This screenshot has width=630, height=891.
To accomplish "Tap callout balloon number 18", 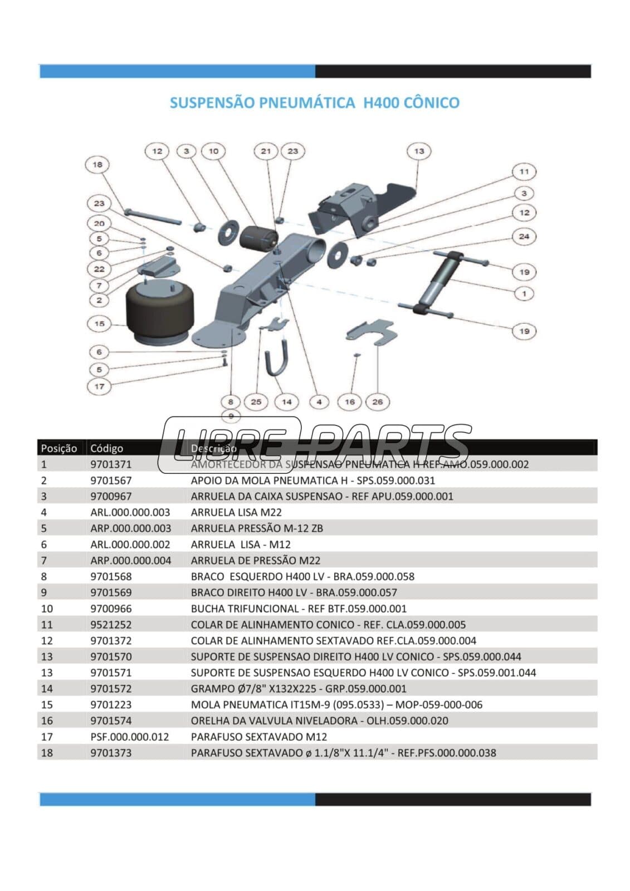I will point(97,164).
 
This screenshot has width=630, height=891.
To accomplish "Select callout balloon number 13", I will point(419,151).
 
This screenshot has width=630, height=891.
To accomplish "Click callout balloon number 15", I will point(99,324).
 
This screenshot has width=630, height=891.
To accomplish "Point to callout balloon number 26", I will point(378,402).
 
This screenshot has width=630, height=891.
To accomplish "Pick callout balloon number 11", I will point(524,172).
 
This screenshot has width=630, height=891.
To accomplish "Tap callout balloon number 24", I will point(524,236).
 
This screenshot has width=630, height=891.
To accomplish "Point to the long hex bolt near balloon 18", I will point(153,216).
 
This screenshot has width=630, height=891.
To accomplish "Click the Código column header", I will point(106,448).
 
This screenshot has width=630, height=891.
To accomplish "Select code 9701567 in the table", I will point(111,480).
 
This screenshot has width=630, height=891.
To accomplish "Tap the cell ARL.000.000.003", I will point(130,512).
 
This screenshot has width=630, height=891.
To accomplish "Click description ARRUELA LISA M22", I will point(236,512).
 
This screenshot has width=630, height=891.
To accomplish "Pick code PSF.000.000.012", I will point(129,737).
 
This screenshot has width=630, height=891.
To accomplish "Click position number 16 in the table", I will point(47,721).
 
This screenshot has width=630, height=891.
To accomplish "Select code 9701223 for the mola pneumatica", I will point(111,704).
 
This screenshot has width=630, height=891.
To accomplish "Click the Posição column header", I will point(59,448).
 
